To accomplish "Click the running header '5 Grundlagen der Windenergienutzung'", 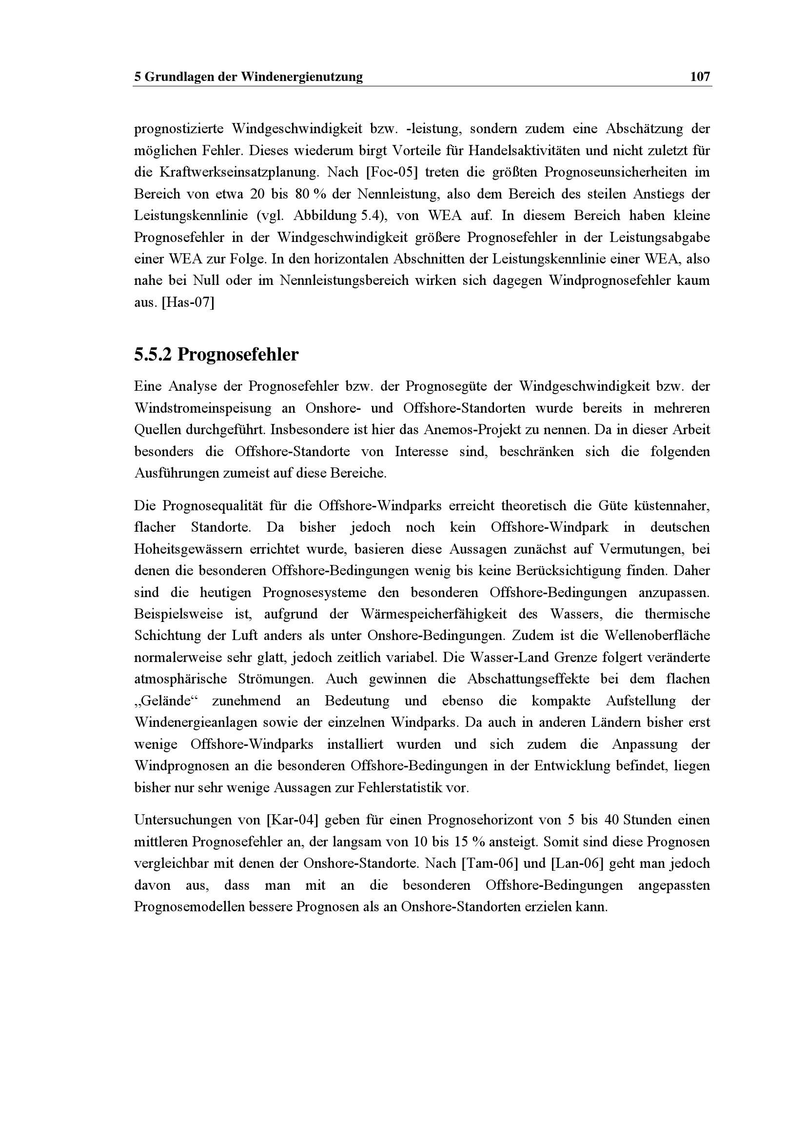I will click(249, 77).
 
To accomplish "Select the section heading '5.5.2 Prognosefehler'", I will click(216, 355).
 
